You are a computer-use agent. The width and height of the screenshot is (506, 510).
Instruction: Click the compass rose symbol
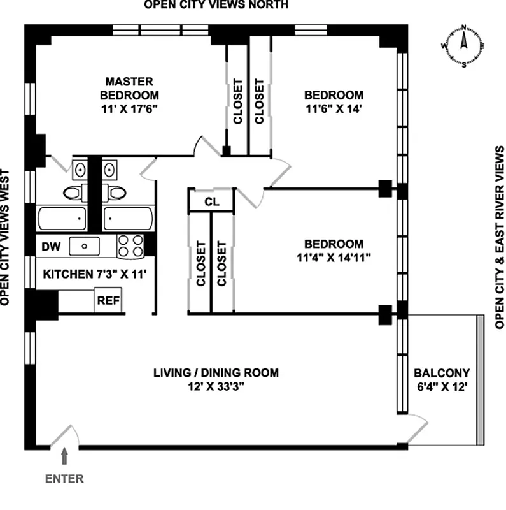tap(464, 46)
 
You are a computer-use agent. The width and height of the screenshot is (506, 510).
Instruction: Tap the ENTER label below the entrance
tap(64, 477)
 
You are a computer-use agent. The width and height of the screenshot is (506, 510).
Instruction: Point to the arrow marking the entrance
tap(64, 455)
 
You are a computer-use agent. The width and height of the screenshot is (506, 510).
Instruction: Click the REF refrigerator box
tap(108, 300)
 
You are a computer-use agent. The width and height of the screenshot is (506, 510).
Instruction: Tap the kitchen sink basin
tap(84, 245)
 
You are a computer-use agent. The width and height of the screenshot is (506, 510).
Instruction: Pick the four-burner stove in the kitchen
tap(130, 245)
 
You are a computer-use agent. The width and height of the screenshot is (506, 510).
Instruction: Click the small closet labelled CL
tap(211, 201)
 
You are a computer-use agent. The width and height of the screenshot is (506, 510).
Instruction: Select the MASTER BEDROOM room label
tap(129, 88)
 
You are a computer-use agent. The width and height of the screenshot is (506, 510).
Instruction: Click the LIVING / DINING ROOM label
tap(216, 373)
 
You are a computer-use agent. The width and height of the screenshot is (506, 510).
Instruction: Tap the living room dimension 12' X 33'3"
tap(216, 387)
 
